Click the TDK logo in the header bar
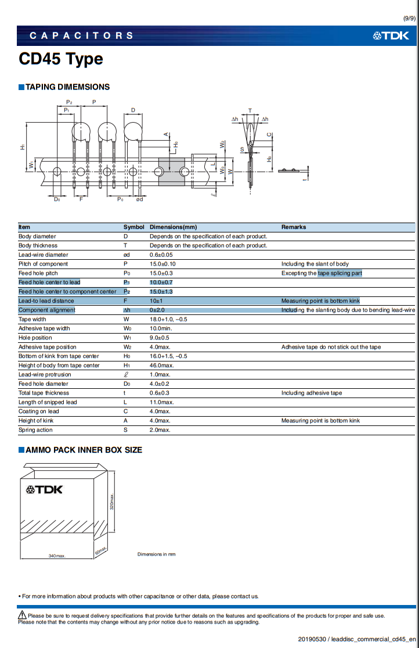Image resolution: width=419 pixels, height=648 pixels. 391,36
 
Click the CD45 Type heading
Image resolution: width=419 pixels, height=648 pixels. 61,59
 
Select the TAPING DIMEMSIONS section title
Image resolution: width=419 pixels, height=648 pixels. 67,87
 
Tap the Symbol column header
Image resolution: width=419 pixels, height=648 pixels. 133,227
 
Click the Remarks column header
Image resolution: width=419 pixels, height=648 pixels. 294,227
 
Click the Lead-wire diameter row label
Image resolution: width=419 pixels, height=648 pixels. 43,255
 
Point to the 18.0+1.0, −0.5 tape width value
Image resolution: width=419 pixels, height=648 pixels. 169,319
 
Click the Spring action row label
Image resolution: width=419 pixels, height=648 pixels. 35,430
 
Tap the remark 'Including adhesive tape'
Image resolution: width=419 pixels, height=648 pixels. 312,393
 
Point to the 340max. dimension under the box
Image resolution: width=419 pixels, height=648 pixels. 57,556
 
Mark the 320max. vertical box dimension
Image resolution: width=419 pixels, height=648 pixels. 112,501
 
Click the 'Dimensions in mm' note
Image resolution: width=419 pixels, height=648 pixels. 156,554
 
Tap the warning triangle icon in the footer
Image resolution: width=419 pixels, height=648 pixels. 22,615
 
